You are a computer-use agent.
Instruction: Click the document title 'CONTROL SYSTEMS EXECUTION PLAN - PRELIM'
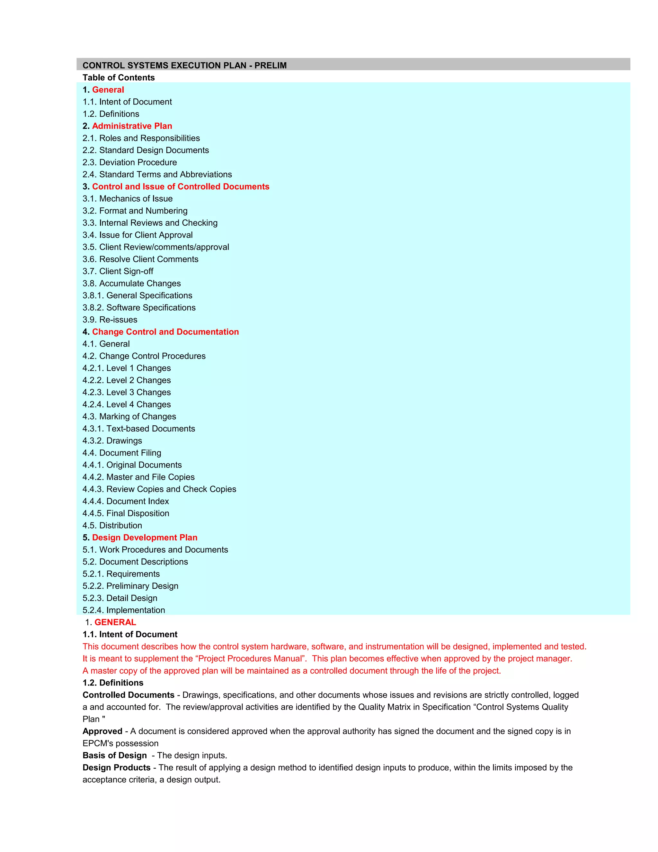coord(184,65)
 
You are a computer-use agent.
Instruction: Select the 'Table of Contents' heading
coord(119,77)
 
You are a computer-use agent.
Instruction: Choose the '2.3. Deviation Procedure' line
coord(129,162)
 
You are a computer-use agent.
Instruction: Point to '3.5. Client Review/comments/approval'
coord(156,247)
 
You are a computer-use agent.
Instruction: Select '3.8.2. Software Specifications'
coord(139,307)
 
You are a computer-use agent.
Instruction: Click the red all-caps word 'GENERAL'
coord(115,622)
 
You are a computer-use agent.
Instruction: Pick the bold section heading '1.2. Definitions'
coord(113,682)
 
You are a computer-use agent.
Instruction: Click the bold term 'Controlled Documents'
coord(128,694)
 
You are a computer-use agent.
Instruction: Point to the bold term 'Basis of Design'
coord(115,755)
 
